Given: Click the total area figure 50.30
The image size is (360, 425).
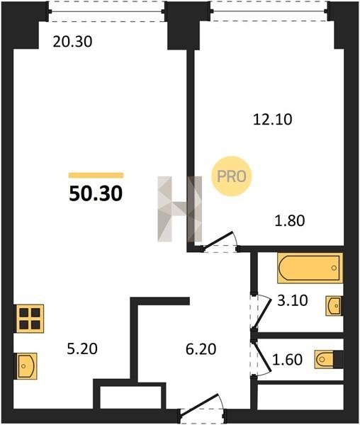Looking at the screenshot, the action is click(96, 194).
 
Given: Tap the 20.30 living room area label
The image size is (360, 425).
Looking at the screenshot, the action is click(73, 42).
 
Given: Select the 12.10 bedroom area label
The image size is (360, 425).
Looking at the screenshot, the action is click(272, 120).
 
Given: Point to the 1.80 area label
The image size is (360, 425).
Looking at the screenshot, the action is click(290, 220).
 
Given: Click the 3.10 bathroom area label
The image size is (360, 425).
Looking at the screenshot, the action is click(293, 300).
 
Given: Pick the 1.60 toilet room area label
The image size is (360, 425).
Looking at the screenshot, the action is click(287, 360).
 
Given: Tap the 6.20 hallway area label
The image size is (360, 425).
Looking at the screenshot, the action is click(201, 349).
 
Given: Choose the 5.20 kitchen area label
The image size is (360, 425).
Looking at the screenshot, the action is click(82, 349).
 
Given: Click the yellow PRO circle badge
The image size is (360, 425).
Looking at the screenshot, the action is click(232, 176).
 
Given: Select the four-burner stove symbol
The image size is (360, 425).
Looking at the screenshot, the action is click(30, 319).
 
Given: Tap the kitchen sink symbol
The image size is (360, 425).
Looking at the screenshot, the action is click(27, 366).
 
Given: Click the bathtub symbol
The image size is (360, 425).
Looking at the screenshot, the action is click(310, 268).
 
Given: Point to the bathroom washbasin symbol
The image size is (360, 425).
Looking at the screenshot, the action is click(334, 306).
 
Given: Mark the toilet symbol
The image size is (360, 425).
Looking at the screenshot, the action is click(329, 359).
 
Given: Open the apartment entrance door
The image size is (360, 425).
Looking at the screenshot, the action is click(202, 408).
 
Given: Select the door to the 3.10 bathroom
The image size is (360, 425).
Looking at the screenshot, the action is click(260, 312).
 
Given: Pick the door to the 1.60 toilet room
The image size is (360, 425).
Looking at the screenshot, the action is click(260, 358).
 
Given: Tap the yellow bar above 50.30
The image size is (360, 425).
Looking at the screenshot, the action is click(96, 176).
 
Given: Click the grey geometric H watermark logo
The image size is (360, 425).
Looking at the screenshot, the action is click(180, 209).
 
